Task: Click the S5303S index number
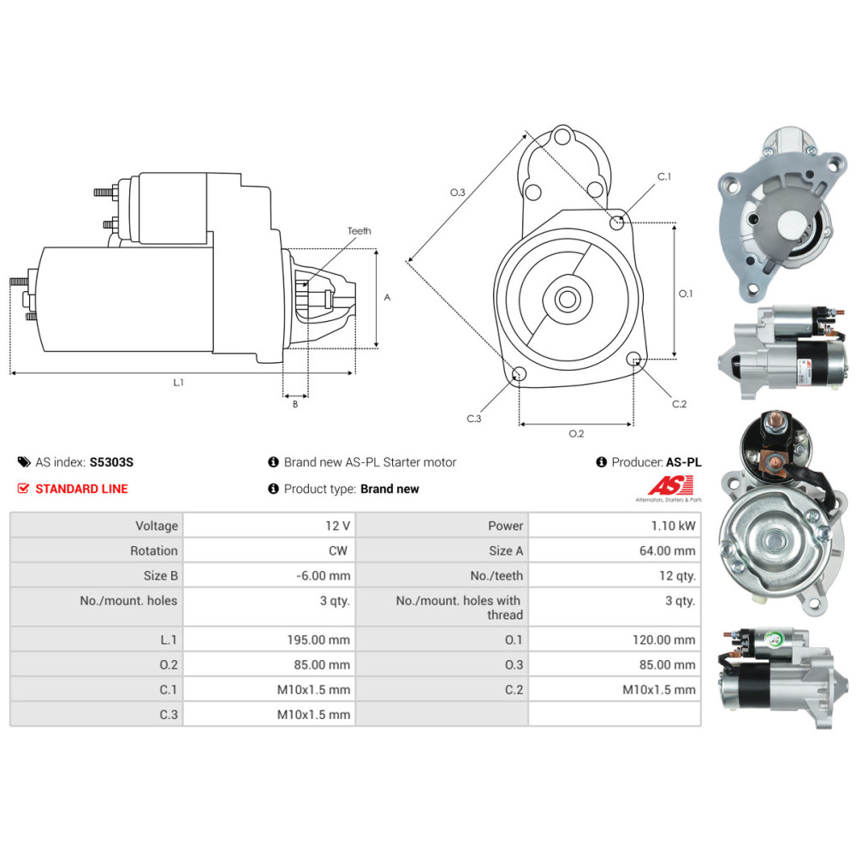tap(111, 462)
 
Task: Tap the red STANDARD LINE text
tap(81, 489)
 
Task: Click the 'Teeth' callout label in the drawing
tap(360, 231)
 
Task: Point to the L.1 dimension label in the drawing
tap(178, 383)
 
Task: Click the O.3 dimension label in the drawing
tap(457, 193)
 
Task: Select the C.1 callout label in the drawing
tap(663, 177)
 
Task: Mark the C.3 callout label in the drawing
tap(473, 419)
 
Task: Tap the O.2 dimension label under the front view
tap(576, 434)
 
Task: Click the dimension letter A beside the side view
tap(387, 298)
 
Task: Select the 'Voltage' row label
tap(157, 526)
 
